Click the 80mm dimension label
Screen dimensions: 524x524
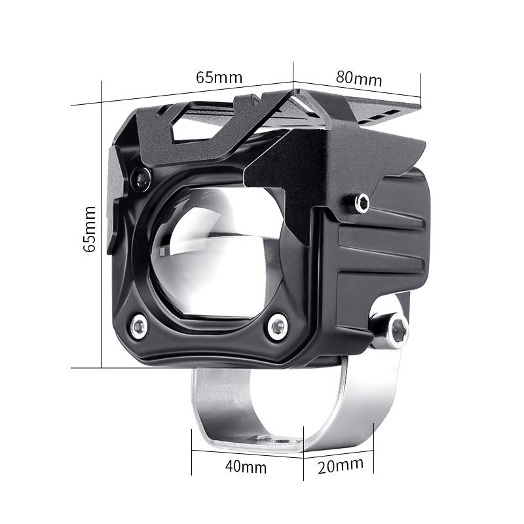click(358, 78)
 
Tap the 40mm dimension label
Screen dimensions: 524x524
click(246, 466)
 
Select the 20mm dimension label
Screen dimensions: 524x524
click(341, 465)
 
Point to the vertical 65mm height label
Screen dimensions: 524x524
click(90, 229)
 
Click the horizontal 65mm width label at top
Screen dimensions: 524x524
click(219, 77)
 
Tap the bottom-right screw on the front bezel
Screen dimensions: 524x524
click(278, 325)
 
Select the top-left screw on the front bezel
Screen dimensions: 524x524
click(141, 176)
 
